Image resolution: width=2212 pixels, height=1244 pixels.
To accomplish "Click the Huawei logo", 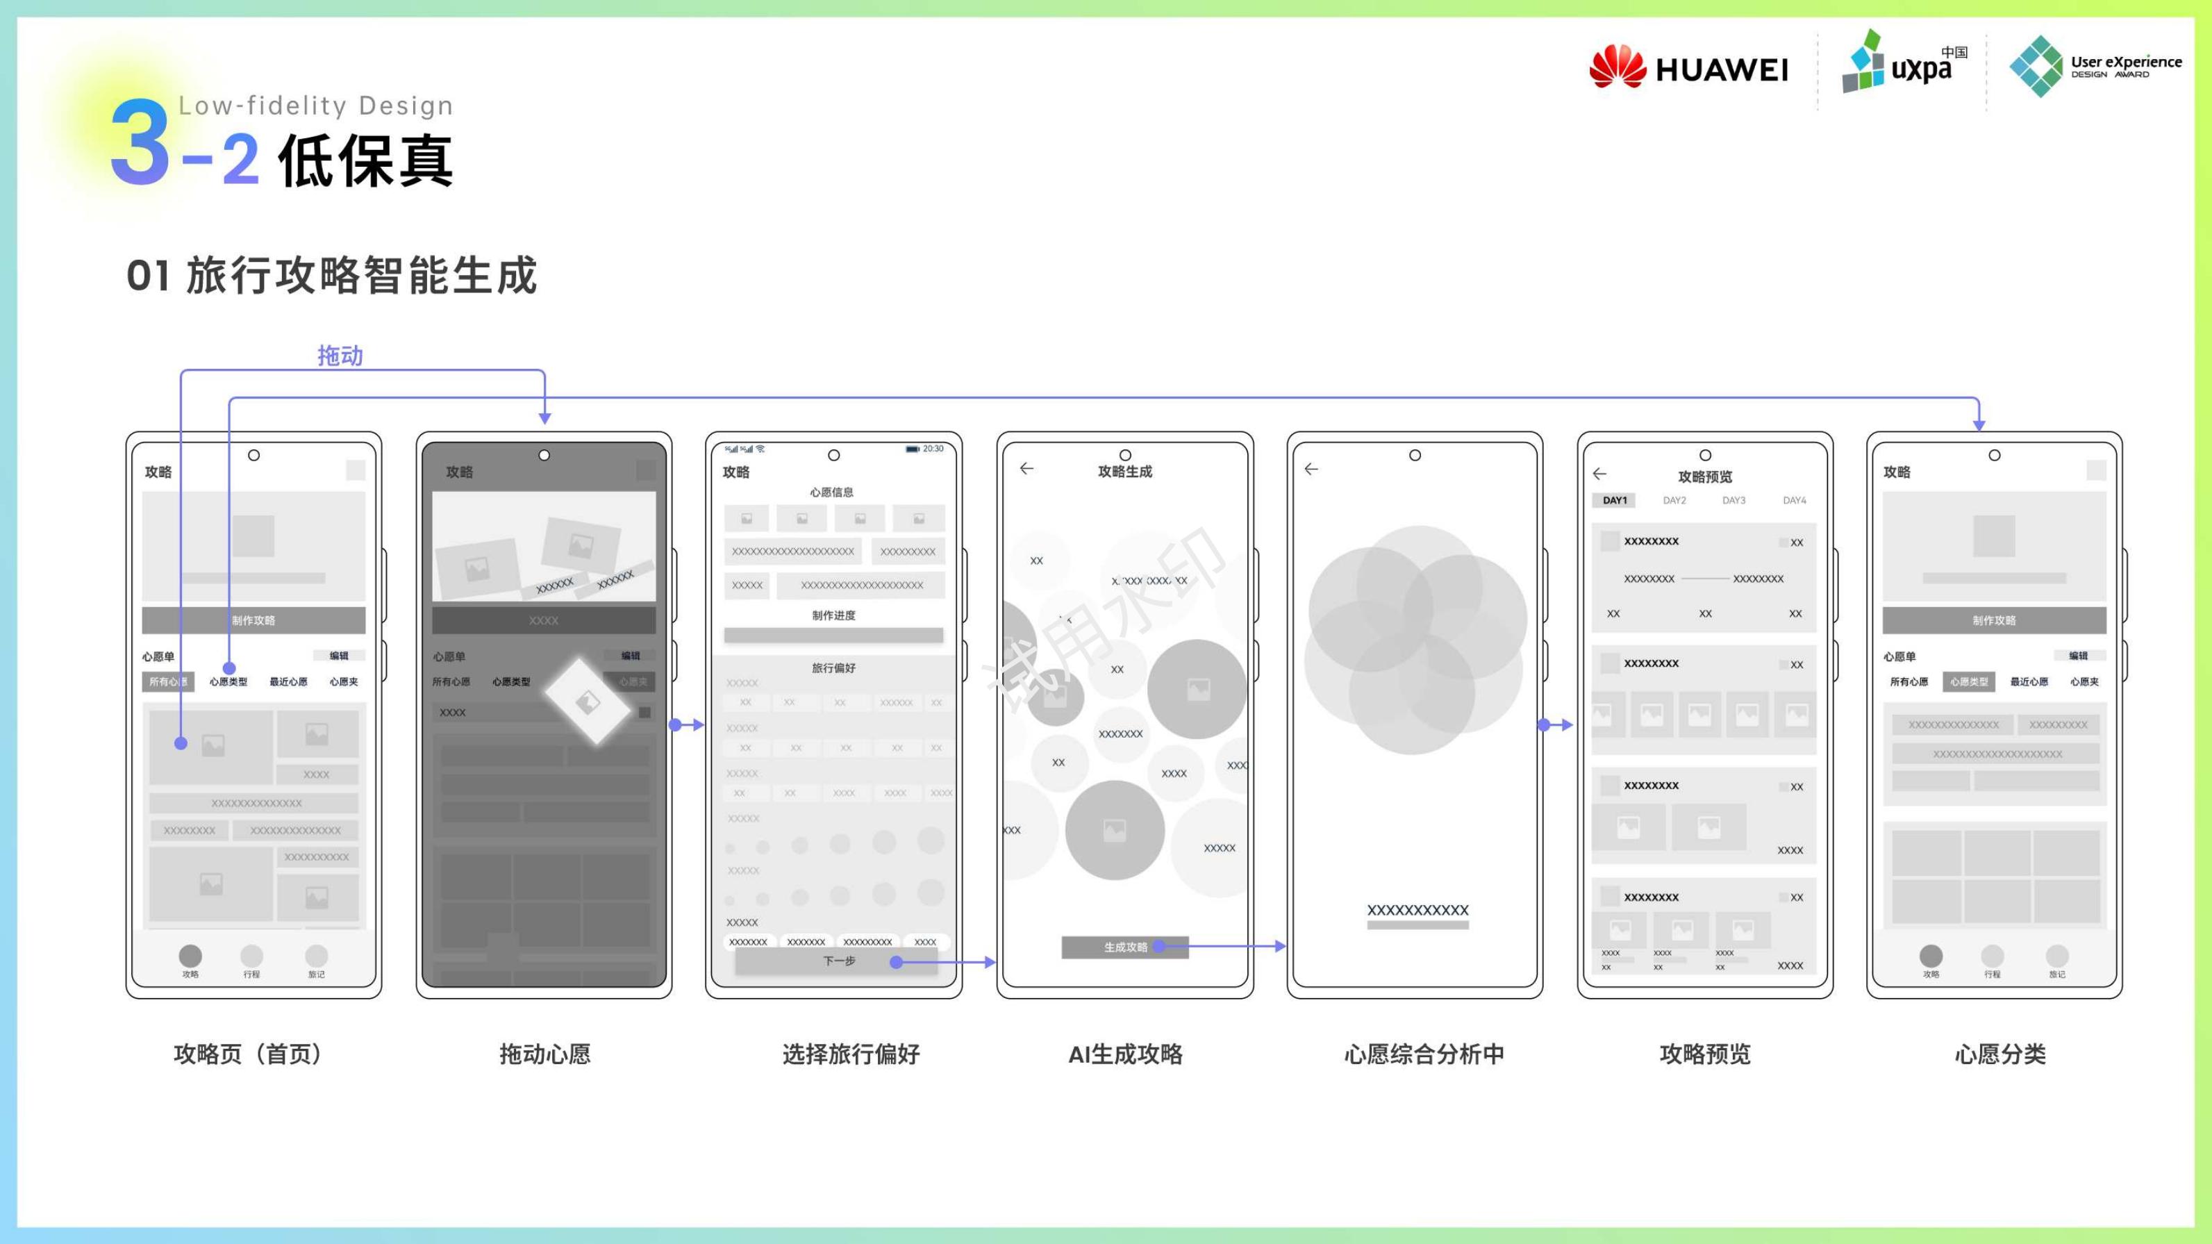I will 1688,67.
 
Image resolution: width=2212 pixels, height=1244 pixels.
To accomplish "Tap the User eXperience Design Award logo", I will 2095,65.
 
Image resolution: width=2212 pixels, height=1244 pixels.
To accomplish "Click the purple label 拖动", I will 340,356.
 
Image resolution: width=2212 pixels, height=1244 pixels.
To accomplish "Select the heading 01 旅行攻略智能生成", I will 331,276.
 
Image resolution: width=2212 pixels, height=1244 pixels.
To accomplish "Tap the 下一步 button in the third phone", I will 838,961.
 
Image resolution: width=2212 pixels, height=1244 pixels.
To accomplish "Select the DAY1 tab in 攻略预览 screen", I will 1614,501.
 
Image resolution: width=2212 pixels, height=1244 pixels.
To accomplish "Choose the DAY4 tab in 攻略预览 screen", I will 1794,501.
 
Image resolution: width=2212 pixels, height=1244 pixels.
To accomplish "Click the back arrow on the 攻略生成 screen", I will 1026,469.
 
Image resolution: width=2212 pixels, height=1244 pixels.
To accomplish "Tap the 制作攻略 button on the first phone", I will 253,620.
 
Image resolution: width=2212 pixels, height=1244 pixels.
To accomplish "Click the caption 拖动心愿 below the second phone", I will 544,1054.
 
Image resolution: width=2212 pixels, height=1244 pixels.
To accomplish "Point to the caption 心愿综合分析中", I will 1424,1054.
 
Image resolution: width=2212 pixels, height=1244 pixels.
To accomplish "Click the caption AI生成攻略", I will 1125,1054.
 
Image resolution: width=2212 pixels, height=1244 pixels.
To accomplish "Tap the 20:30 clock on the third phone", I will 933,449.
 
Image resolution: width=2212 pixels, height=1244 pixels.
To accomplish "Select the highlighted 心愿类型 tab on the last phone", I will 1968,681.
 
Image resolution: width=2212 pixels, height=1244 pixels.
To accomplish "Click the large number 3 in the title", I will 140,142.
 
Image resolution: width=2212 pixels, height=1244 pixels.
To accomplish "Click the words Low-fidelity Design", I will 315,106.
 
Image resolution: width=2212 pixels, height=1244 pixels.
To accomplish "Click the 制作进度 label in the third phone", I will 833,615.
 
